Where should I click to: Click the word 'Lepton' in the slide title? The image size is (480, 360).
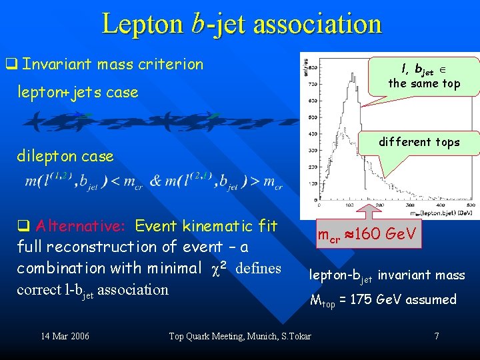pos(143,24)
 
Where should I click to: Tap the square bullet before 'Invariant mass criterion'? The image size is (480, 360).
pos(11,65)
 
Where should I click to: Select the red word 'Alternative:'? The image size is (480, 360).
pos(73,226)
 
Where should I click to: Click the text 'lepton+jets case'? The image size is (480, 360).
pos(77,92)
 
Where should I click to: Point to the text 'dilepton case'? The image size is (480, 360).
pos(65,156)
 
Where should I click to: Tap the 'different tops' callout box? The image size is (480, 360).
pos(419,142)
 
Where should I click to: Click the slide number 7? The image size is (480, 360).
pos(437,335)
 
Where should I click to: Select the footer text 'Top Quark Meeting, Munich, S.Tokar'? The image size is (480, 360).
pos(240,335)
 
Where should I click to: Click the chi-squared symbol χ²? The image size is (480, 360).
pos(224,267)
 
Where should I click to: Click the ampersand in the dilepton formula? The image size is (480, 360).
pos(155,181)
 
